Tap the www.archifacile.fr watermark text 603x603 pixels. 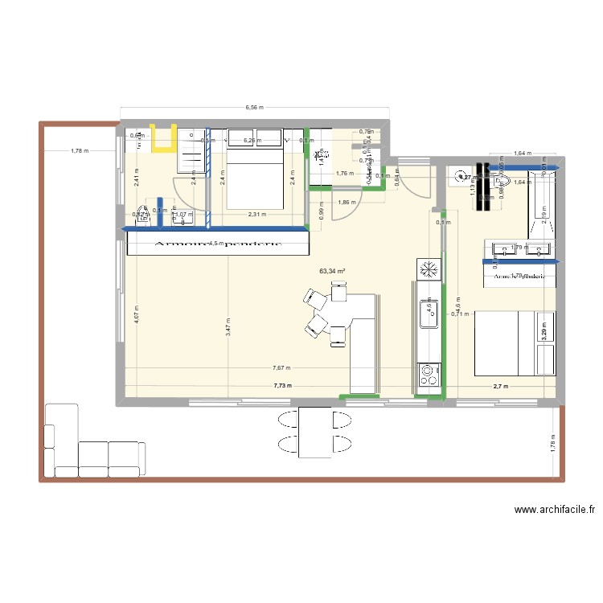[554, 509]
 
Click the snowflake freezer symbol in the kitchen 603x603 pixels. [428, 270]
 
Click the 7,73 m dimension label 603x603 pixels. [282, 386]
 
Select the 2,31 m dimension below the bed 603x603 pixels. [256, 214]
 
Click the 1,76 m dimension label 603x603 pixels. [345, 173]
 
